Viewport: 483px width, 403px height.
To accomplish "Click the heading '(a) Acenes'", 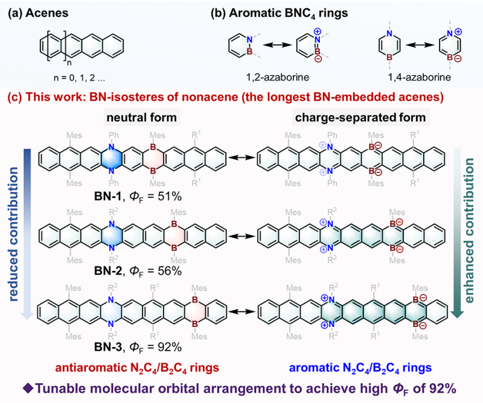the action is click(x=38, y=13).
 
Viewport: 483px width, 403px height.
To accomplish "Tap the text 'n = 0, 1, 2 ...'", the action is click(x=79, y=78).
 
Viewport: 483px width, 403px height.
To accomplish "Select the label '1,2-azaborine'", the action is click(x=278, y=77).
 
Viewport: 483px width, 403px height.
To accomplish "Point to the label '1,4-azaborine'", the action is click(x=419, y=77).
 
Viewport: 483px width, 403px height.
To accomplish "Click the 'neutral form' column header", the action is click(x=142, y=117).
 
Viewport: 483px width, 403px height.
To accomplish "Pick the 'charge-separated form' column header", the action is click(x=360, y=117).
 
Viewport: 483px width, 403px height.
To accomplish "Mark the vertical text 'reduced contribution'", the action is click(x=13, y=234).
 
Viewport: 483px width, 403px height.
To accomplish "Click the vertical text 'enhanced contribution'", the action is click(x=469, y=230).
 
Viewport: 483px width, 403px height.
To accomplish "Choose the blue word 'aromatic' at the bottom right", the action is click(x=314, y=367).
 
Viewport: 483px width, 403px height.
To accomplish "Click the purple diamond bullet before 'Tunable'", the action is click(x=28, y=389).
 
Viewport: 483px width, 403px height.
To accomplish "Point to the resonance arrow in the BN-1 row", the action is click(x=243, y=158).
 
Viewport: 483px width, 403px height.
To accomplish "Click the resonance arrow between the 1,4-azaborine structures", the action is click(x=419, y=45).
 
